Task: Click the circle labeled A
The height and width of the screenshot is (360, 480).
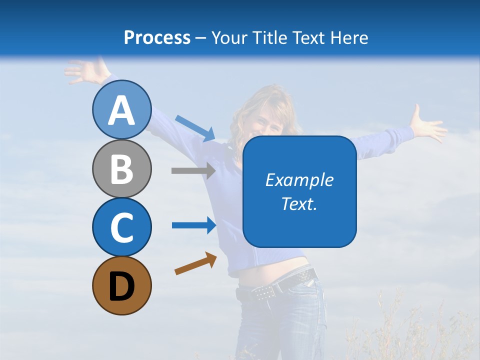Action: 121,109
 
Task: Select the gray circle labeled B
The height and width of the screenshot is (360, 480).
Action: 121,168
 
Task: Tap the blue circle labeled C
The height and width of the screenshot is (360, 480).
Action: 121,226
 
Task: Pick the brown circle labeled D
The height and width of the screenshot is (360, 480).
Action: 121,285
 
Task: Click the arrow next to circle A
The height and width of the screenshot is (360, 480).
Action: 195,128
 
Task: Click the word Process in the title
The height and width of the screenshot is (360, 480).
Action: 157,37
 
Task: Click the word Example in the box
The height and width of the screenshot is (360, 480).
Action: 299,180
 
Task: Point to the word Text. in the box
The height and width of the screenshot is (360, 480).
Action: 299,203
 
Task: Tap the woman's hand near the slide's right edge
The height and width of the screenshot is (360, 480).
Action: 427,125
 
